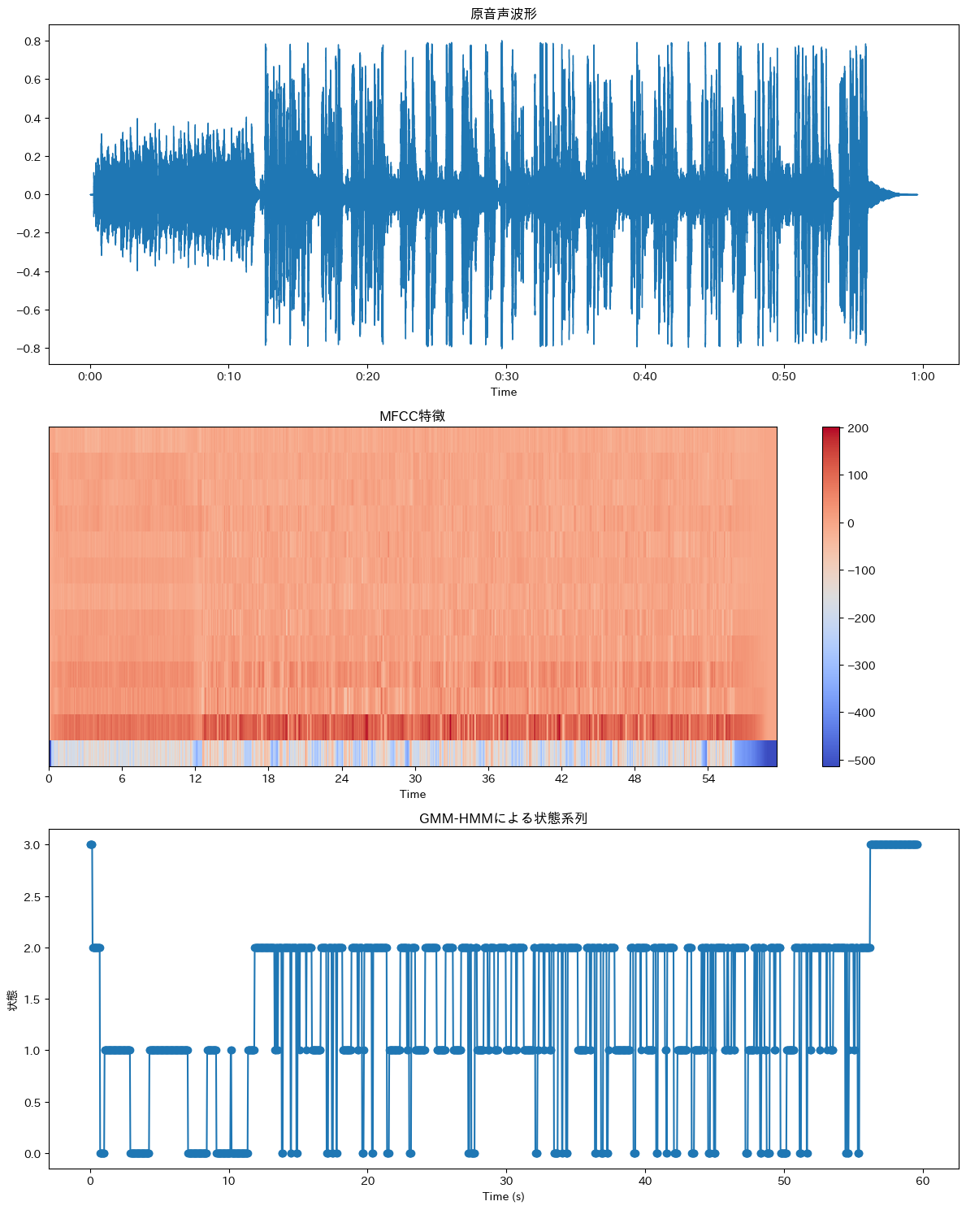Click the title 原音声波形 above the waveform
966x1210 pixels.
(x=503, y=14)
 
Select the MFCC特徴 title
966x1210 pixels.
(x=412, y=416)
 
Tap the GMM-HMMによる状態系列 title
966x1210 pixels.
(x=503, y=818)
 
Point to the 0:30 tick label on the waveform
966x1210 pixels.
(x=506, y=376)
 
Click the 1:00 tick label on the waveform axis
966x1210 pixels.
(x=922, y=376)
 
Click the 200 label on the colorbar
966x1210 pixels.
(x=858, y=428)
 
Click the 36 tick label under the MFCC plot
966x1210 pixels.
(x=488, y=778)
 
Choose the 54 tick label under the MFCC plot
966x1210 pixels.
(x=708, y=778)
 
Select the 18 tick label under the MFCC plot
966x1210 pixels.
(x=268, y=778)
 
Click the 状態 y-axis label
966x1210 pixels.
(x=12, y=1000)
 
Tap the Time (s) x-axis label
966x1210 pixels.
(x=503, y=1196)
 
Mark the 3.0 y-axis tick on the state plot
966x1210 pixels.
(x=32, y=845)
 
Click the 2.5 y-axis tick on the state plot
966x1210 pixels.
(x=32, y=897)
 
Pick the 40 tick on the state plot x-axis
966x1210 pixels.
(x=645, y=1181)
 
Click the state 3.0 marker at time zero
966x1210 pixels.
(x=91, y=845)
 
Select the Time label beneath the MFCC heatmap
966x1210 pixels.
(x=412, y=794)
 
